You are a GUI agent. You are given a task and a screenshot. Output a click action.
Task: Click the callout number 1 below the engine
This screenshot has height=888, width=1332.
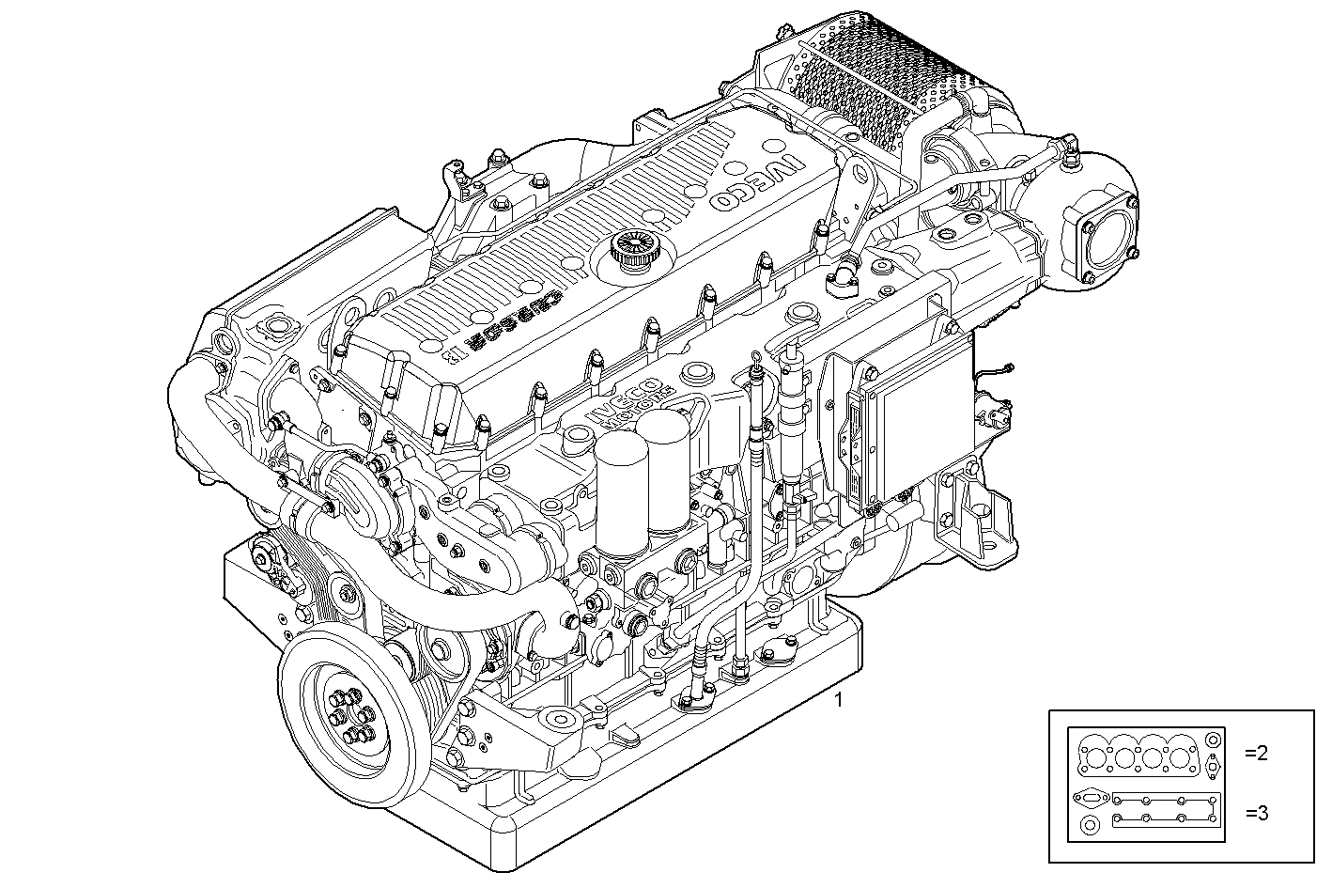(839, 699)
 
